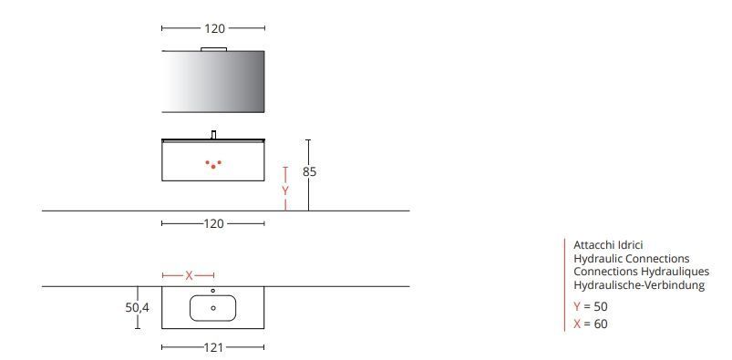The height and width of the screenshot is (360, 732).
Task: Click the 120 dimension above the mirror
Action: pyautogui.click(x=213, y=28)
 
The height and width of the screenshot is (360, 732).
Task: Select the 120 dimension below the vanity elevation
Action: pyautogui.click(x=213, y=223)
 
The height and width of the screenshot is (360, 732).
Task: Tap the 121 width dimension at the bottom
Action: pyautogui.click(x=213, y=347)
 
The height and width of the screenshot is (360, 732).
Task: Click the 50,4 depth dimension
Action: pyautogui.click(x=137, y=308)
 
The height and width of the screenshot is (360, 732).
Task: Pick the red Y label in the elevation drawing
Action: pyautogui.click(x=285, y=191)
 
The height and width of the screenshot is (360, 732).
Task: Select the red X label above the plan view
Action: pyautogui.click(x=189, y=274)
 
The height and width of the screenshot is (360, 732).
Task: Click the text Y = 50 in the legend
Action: pyautogui.click(x=590, y=306)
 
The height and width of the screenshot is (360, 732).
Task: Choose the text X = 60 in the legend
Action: pyautogui.click(x=590, y=324)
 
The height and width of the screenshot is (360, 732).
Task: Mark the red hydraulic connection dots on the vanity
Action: pyautogui.click(x=213, y=165)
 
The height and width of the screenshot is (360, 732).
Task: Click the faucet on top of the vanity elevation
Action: pyautogui.click(x=213, y=135)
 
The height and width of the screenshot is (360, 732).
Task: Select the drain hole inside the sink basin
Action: pyautogui.click(x=213, y=308)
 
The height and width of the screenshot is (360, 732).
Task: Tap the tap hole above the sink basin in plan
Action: pyautogui.click(x=213, y=291)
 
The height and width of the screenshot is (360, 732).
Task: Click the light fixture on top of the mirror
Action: pyautogui.click(x=213, y=47)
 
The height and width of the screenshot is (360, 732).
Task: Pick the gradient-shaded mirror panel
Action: pyautogui.click(x=213, y=81)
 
